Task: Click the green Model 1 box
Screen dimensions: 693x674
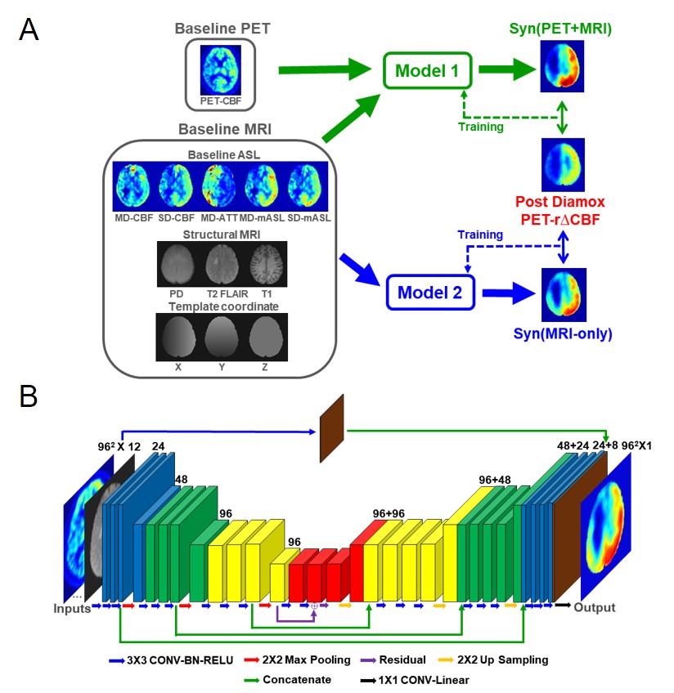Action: pyautogui.click(x=428, y=70)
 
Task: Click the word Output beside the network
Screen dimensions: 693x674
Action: pyautogui.click(x=594, y=607)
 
